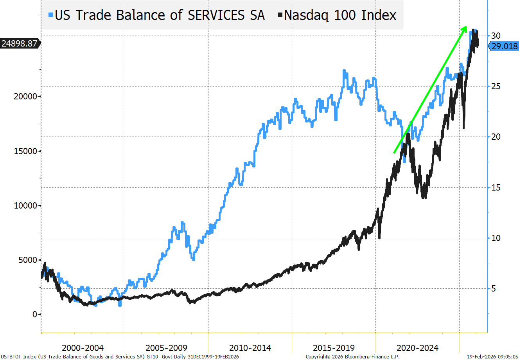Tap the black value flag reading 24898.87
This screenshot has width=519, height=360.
pyautogui.click(x=20, y=43)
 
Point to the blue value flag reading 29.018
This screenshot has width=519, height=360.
pyautogui.click(x=504, y=46)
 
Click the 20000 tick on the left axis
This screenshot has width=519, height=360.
pyautogui.click(x=26, y=97)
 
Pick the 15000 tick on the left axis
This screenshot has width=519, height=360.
pyautogui.click(x=26, y=151)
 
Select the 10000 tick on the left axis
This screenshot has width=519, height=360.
pyautogui.click(x=26, y=205)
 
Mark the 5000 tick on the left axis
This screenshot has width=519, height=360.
pyautogui.click(x=28, y=260)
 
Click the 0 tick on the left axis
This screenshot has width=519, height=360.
pyautogui.click(x=35, y=314)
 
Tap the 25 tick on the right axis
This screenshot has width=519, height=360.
pyautogui.click(x=496, y=86)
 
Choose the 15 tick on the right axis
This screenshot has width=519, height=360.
pyautogui.click(x=496, y=187)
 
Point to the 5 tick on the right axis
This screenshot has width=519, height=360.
pyautogui.click(x=494, y=289)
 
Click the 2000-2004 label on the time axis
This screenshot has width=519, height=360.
pyautogui.click(x=83, y=348)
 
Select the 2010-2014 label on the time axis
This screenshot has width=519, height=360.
pyautogui.click(x=250, y=348)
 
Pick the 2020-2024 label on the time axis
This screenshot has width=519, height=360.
pyautogui.click(x=417, y=348)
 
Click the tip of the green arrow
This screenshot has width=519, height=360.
pyautogui.click(x=466, y=27)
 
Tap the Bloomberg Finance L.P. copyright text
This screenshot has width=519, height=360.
pyautogui.click(x=352, y=357)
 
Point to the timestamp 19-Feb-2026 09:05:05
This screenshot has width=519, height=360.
pyautogui.click(x=492, y=357)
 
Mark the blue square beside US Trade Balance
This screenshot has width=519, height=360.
pyautogui.click(x=51, y=15)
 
